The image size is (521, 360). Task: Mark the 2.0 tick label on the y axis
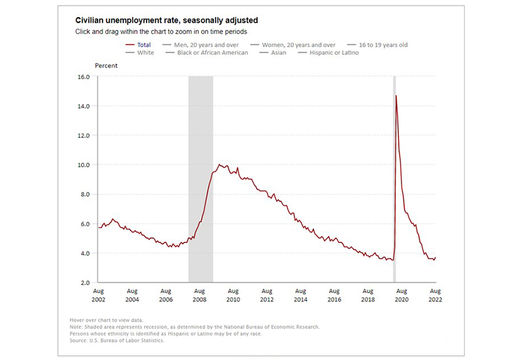[84, 283]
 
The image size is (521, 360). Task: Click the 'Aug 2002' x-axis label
[98, 295]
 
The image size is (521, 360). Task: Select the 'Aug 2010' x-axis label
[233, 295]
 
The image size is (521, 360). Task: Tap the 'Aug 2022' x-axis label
[435, 295]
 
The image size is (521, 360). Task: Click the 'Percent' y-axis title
[106, 65]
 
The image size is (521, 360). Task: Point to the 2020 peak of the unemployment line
[396, 96]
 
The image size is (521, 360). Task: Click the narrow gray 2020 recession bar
[394, 184]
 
